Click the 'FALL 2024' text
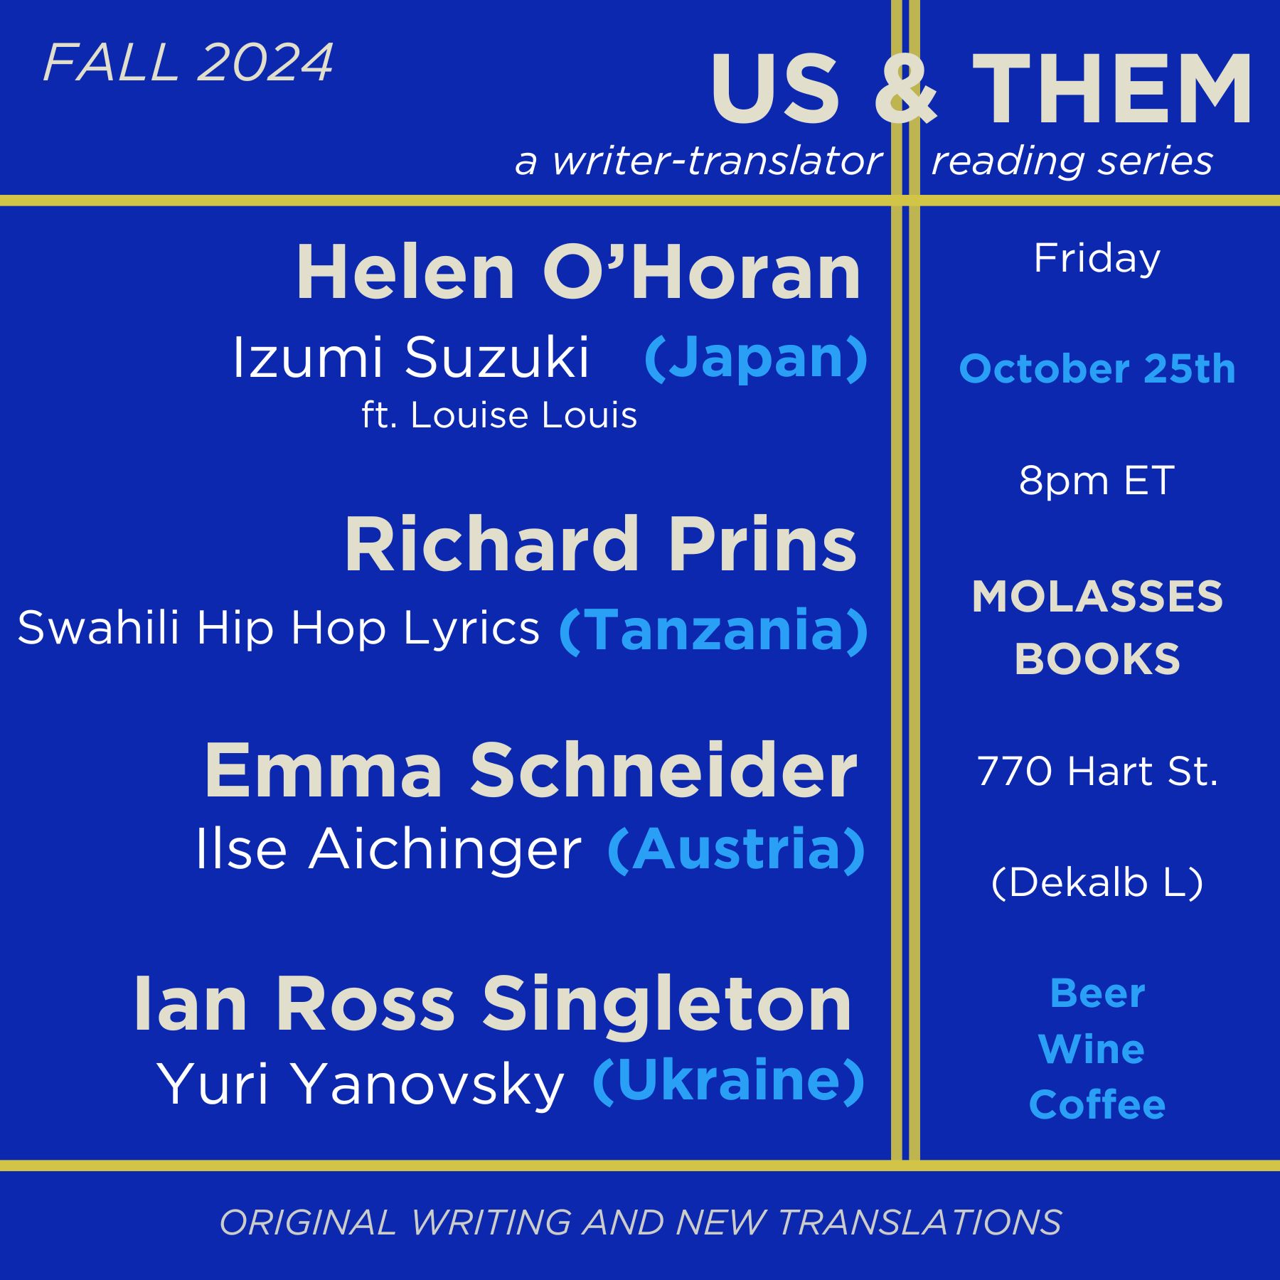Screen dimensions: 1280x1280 tap(188, 63)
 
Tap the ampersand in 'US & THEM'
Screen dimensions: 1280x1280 tap(905, 89)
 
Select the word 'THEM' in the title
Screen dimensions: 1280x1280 tap(1111, 89)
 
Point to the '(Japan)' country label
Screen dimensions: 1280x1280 tap(756, 358)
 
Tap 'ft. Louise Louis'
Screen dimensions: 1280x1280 tap(499, 415)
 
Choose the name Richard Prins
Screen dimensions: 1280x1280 tap(601, 544)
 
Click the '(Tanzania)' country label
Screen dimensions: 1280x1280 tap(713, 630)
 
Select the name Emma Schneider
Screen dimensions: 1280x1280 tap(530, 770)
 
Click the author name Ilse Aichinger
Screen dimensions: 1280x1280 tap(388, 848)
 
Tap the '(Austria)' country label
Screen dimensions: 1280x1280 tap(737, 849)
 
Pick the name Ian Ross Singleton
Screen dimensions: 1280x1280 tap(492, 1003)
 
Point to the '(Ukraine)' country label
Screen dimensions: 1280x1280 tap(728, 1081)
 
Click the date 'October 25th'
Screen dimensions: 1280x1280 tap(1097, 369)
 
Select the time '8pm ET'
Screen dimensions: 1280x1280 tap(1097, 481)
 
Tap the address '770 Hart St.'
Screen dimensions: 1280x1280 tap(1097, 771)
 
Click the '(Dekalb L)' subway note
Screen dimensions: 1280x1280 tap(1097, 882)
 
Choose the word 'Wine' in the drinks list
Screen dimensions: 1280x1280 tap(1092, 1049)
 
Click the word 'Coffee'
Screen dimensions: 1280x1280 tap(1097, 1104)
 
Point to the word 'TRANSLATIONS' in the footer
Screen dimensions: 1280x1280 tap(920, 1222)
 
